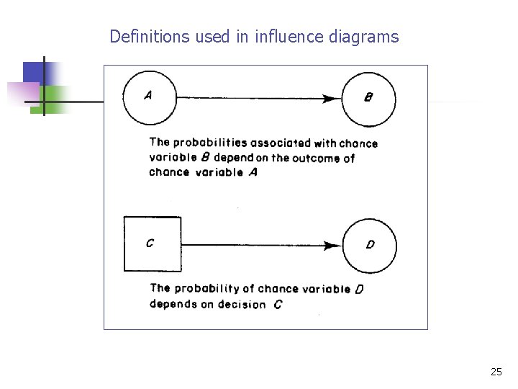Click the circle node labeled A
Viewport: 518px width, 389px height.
coord(150,97)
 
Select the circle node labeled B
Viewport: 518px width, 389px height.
coord(368,99)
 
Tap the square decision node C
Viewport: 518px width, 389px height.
coord(152,244)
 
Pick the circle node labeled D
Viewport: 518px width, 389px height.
coord(369,245)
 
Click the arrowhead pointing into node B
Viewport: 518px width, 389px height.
coord(334,98)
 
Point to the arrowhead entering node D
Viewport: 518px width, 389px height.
coord(333,245)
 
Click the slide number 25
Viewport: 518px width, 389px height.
coord(496,372)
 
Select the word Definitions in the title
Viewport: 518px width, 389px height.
coord(150,36)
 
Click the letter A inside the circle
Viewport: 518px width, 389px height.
coord(147,95)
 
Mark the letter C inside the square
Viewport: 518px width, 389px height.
coord(150,243)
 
